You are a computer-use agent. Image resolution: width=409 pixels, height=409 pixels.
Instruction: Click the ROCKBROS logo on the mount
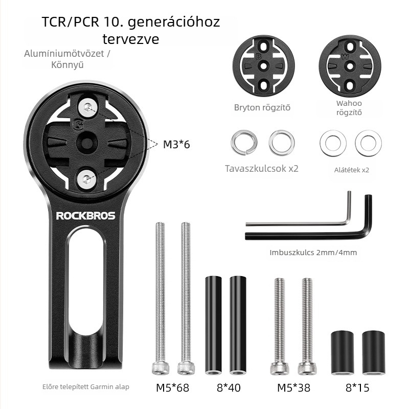[85, 216]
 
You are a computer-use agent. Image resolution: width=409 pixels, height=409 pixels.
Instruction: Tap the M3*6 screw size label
[176, 144]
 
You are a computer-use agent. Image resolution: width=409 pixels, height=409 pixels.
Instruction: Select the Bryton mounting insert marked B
[263, 66]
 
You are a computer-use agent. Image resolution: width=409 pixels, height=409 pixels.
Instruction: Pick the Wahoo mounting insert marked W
[350, 66]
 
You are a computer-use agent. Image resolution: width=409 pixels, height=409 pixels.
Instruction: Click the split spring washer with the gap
[244, 143]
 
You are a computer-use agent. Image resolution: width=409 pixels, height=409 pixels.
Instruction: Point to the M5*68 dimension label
[172, 388]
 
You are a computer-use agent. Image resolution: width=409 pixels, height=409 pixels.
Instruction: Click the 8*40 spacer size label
[229, 388]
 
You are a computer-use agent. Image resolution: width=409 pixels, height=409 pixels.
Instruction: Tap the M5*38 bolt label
[293, 388]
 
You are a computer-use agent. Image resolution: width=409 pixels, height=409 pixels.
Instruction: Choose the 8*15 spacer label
[357, 388]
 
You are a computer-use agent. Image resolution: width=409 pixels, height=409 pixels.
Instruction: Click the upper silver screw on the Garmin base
[88, 107]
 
